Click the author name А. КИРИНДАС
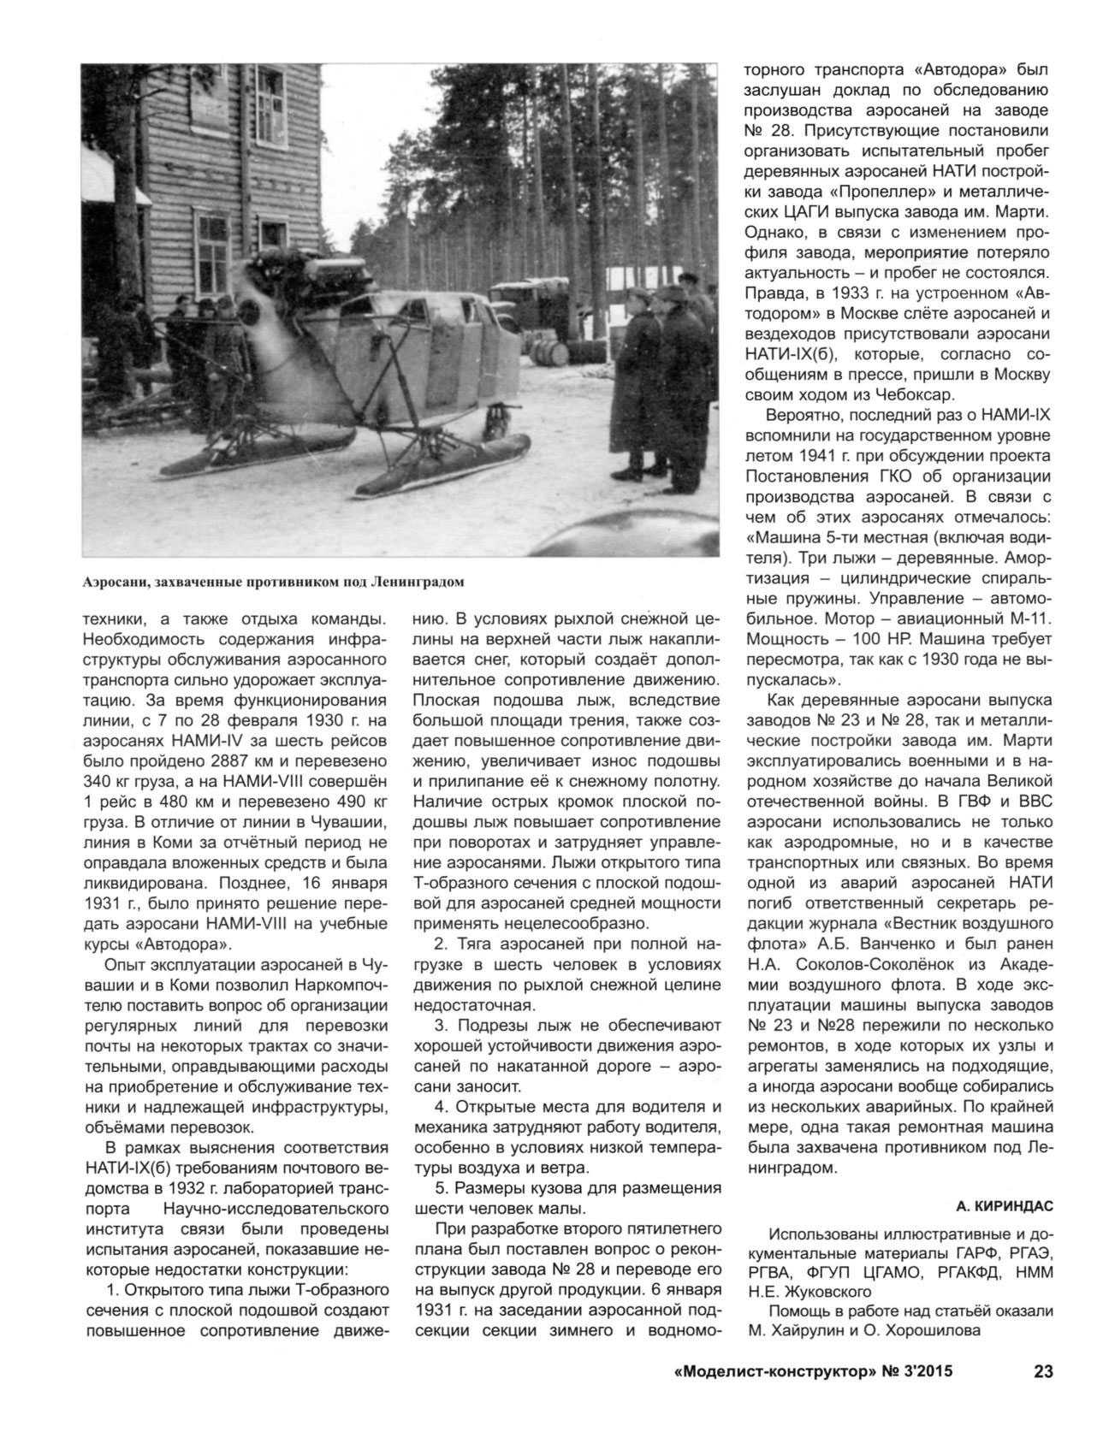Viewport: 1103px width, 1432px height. [1005, 1206]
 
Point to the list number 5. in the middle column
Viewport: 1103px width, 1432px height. [443, 1188]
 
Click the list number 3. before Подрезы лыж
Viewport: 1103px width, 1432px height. [443, 1025]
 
